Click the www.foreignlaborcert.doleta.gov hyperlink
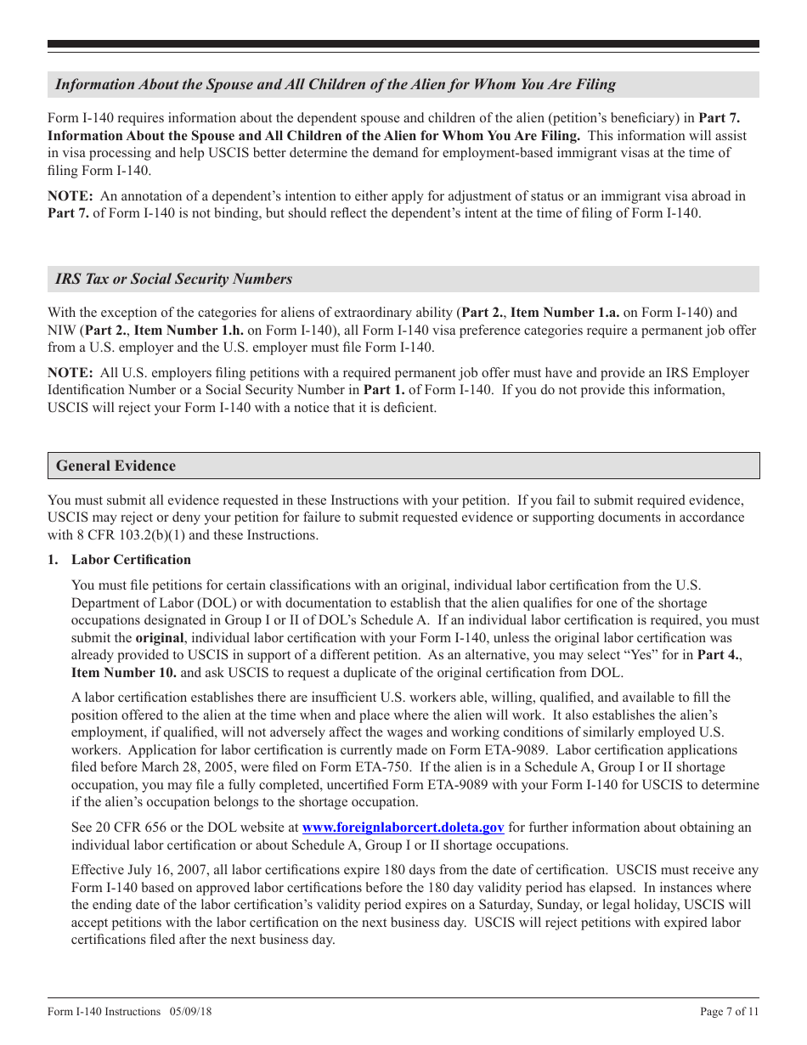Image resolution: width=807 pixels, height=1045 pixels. [403, 828]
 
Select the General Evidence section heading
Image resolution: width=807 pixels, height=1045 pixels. [116, 466]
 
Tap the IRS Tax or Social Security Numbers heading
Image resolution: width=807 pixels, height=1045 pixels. [173, 279]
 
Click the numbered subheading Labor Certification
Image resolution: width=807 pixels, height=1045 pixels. [131, 560]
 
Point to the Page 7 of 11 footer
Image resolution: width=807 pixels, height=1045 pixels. [729, 1011]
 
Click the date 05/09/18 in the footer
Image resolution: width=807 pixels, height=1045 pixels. [191, 1011]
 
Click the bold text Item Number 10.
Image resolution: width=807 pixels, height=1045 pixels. [124, 673]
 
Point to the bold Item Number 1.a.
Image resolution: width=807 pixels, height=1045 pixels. [557, 313]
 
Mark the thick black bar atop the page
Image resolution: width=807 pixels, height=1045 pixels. [403, 44]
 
